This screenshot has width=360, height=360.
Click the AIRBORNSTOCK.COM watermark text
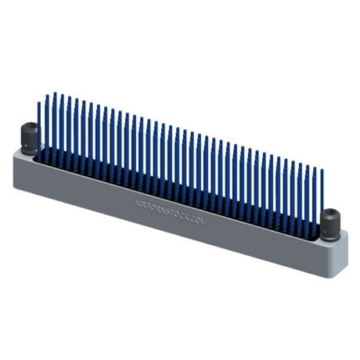pos(175,211)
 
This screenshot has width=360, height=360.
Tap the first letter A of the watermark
pos(137,200)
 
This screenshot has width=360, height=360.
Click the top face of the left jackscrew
pos(29,127)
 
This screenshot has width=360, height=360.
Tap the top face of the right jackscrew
pos(332,211)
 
